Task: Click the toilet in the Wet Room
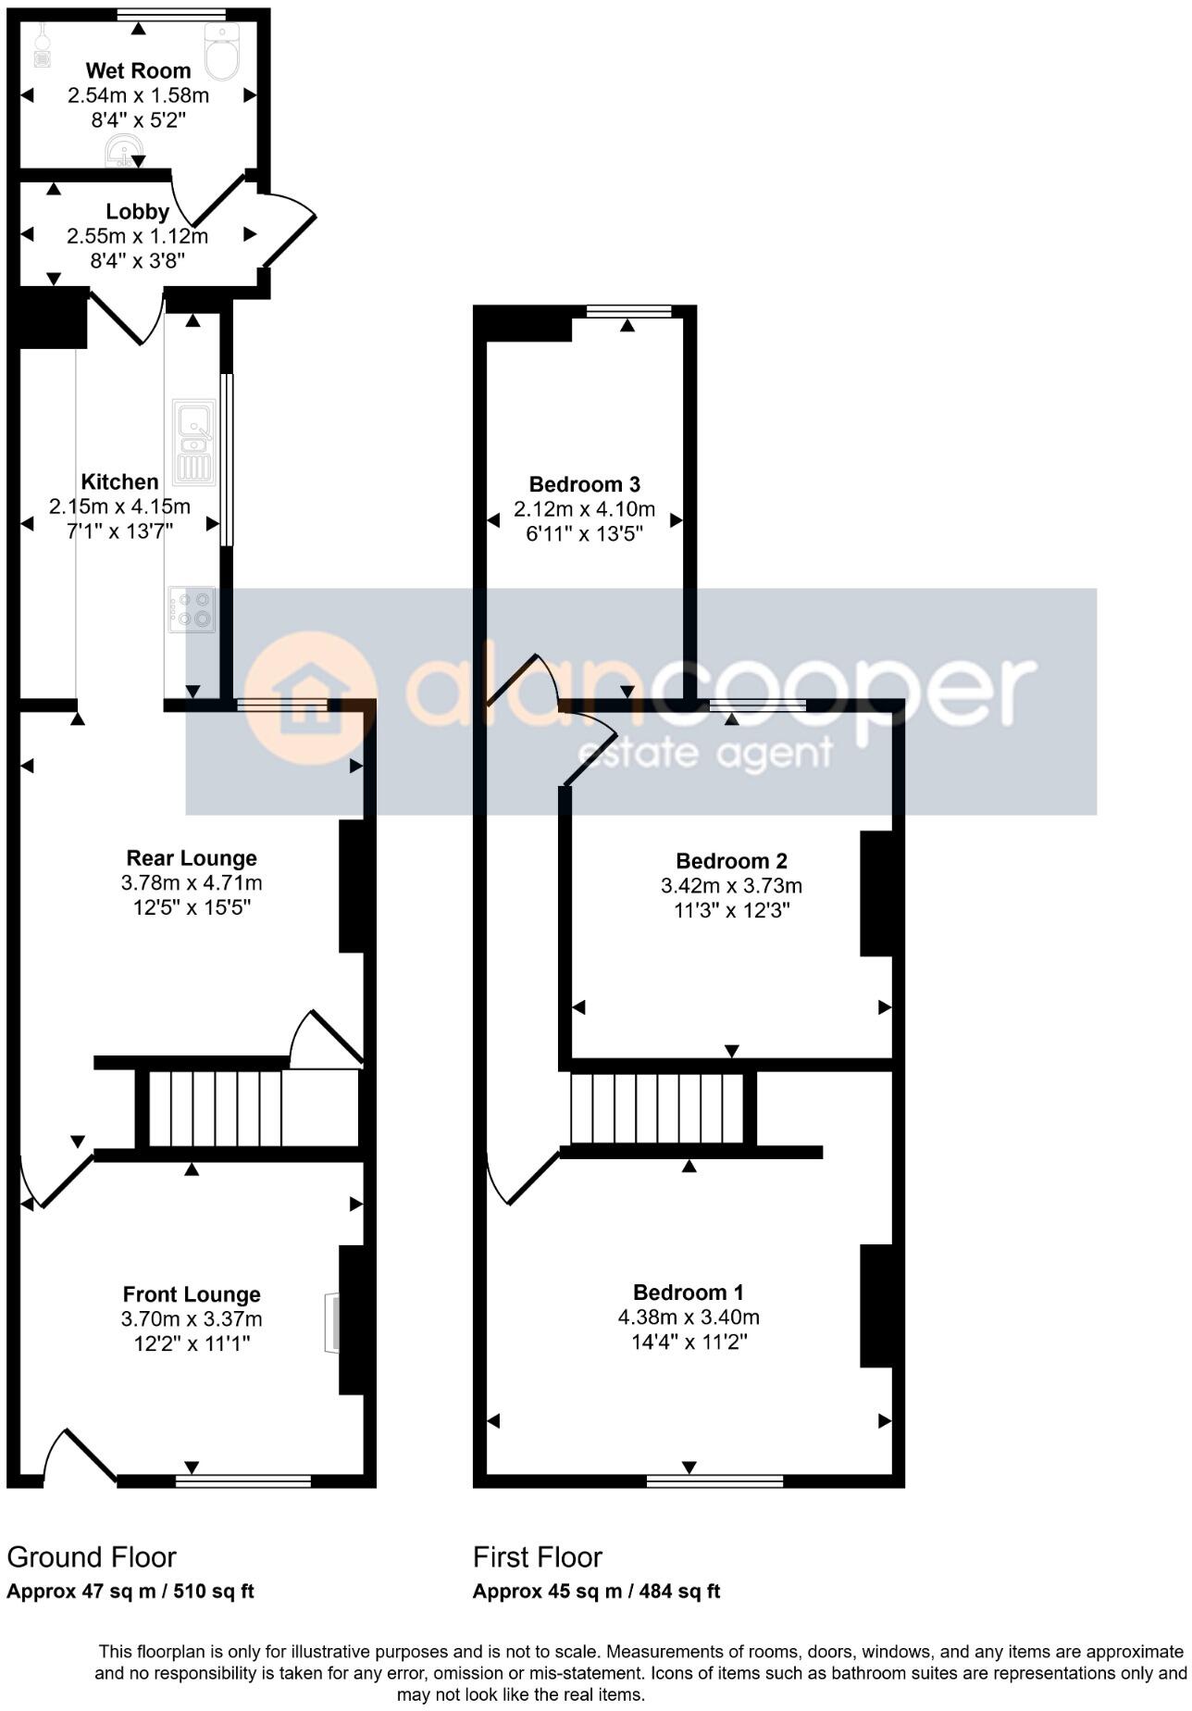(x=222, y=52)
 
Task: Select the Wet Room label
(x=138, y=70)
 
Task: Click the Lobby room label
(x=137, y=212)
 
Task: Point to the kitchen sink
(x=193, y=442)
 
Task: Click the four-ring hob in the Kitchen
(x=192, y=609)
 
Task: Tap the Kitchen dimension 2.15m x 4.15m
(x=119, y=506)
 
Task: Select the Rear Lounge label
(x=192, y=858)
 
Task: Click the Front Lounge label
(x=192, y=1294)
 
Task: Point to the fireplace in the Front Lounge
(x=331, y=1324)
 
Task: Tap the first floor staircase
(x=657, y=1108)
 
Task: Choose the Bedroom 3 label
(x=584, y=484)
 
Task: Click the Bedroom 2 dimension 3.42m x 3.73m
(x=731, y=886)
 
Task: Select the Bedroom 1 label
(x=689, y=1293)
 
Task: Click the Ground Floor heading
(x=92, y=1557)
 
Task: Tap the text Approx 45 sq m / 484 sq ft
(x=596, y=1592)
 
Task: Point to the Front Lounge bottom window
(x=243, y=1481)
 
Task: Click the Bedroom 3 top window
(x=628, y=312)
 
